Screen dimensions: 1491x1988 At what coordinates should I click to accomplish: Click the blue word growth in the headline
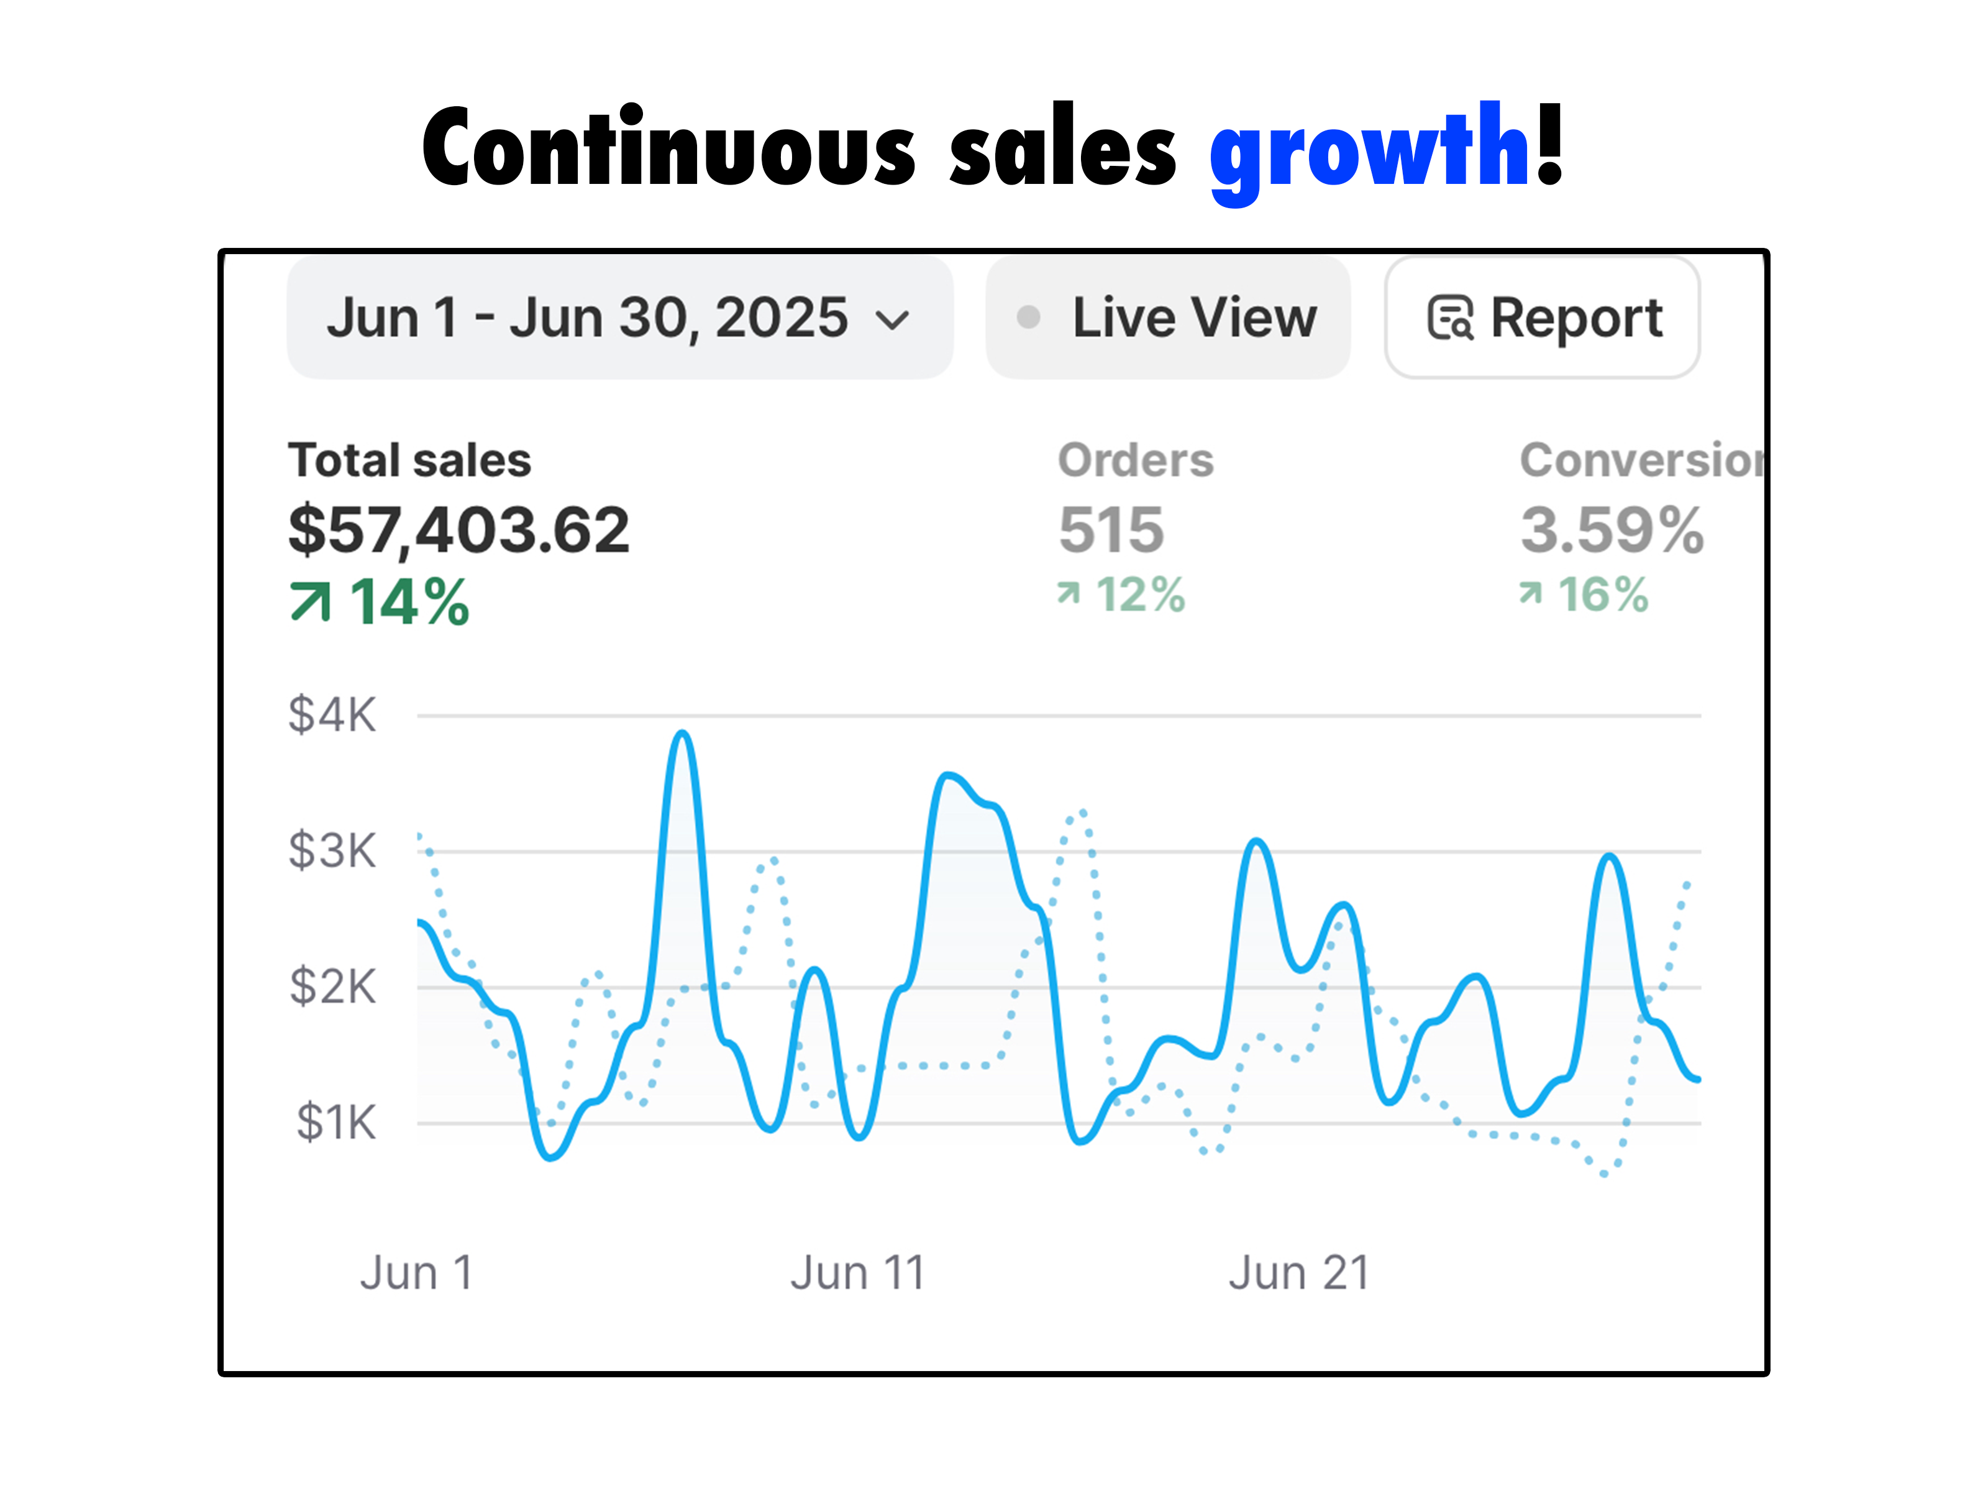coord(1368,148)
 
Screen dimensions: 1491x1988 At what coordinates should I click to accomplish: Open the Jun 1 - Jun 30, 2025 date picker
coord(589,317)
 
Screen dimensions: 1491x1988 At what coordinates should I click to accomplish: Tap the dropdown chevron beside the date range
coord(893,320)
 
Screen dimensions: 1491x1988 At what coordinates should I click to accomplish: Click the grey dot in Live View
coord(1028,317)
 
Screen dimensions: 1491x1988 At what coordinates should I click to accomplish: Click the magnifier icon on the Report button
coord(1451,318)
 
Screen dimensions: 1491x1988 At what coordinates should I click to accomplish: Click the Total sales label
coord(410,460)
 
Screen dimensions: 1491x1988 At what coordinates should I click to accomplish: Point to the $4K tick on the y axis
coord(332,716)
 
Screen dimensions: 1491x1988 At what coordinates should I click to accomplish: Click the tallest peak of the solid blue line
coord(683,734)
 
